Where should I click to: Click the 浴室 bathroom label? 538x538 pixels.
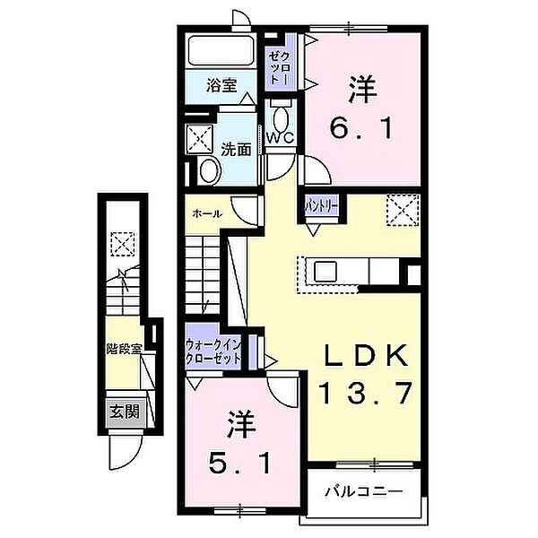[220, 88]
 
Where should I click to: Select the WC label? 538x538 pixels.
[282, 137]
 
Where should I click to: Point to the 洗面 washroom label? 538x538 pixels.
[237, 149]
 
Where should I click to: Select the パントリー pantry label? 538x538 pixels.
[322, 205]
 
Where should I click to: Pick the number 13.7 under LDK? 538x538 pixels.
[364, 390]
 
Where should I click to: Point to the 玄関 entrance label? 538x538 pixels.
[125, 412]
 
